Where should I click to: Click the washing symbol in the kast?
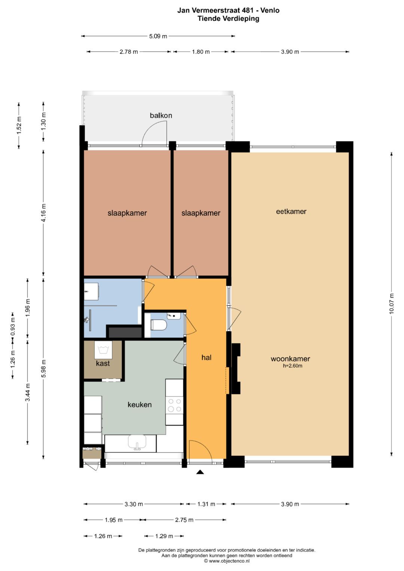103,350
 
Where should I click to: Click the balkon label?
161,116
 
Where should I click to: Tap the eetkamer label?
291,211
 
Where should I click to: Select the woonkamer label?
290,359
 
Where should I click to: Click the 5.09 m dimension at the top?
158,36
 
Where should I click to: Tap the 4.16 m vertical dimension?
44,213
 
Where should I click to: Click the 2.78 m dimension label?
129,52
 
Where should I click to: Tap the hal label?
206,357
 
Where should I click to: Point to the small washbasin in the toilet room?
174,316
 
